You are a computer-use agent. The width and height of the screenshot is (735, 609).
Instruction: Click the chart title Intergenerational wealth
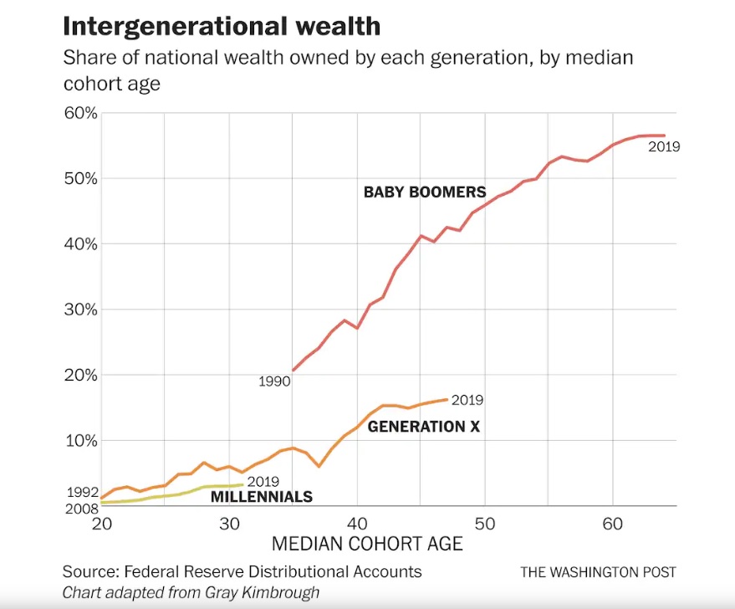222,26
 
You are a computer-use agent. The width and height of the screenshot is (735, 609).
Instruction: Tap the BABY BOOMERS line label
424,192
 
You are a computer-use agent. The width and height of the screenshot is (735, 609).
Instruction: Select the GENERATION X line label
424,427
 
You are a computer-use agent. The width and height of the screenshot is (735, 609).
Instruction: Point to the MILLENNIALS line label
261,497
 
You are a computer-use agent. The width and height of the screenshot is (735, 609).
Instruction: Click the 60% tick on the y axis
81,114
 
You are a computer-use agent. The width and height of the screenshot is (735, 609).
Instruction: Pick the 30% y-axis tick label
81,310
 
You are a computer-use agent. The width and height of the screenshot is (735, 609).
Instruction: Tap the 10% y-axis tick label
81,440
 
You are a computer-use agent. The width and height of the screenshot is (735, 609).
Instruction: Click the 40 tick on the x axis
357,524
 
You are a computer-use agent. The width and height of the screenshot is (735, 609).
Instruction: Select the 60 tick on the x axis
613,524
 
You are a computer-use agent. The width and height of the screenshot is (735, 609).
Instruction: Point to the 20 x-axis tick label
101,524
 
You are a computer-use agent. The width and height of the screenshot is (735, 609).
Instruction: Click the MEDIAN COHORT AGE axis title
367,545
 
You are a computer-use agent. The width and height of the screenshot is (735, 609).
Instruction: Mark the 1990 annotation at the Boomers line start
273,381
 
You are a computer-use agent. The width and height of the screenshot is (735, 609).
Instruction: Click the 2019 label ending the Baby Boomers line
664,147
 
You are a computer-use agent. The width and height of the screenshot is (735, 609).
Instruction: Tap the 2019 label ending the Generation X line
467,401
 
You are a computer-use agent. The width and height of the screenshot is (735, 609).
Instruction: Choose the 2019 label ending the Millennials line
263,482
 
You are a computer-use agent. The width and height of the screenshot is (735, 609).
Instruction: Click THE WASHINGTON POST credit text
598,572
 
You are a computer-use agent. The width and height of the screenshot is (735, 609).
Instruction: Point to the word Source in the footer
89,572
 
